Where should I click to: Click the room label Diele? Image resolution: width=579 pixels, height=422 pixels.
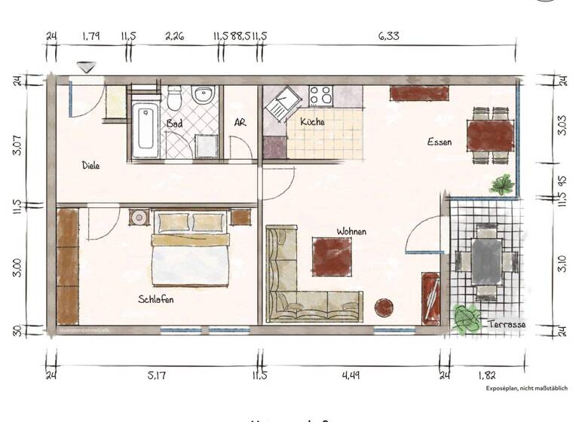(91, 165)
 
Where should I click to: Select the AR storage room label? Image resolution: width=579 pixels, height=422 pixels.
(240, 123)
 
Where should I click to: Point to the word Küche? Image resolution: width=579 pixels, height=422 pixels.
(312, 121)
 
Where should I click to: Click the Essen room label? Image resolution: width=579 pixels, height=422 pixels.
(440, 142)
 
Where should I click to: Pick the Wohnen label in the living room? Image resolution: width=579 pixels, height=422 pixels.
(351, 231)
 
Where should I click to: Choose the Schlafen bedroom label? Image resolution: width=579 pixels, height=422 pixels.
(156, 299)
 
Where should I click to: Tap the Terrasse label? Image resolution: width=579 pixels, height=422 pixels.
(507, 325)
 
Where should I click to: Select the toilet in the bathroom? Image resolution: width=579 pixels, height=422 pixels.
(174, 99)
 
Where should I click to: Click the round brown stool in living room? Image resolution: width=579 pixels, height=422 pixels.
(385, 307)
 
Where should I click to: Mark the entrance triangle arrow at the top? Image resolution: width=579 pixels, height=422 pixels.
(87, 68)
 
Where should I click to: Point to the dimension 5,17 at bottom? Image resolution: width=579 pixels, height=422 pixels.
(157, 375)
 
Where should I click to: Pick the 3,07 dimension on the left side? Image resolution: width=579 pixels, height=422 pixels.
(15, 140)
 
